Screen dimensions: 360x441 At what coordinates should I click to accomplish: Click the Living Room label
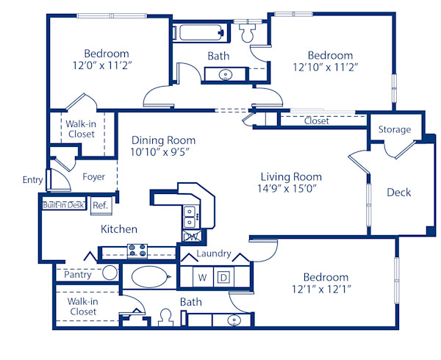(x=291, y=177)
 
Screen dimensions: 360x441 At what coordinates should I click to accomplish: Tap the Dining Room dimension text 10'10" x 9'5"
(x=163, y=154)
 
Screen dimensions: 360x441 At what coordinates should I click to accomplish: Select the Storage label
(x=395, y=130)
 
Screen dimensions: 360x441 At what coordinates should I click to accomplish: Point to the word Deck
(x=398, y=192)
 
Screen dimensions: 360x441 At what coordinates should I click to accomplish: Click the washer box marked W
(x=202, y=278)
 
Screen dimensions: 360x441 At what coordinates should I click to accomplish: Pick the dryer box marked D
(x=224, y=278)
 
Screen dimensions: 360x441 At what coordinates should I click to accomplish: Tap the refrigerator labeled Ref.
(x=100, y=206)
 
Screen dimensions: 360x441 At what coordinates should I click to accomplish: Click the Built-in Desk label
(x=64, y=206)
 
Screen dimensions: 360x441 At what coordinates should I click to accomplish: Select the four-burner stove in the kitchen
(x=137, y=251)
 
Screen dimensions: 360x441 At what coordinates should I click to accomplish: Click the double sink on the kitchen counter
(x=190, y=215)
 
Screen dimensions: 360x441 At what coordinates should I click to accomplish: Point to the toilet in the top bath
(x=247, y=34)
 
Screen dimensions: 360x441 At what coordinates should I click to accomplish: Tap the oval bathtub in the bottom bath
(x=150, y=278)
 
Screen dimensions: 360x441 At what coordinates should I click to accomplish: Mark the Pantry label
(x=78, y=274)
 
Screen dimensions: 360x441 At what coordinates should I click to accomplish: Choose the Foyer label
(x=93, y=177)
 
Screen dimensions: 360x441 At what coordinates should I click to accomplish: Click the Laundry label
(x=214, y=254)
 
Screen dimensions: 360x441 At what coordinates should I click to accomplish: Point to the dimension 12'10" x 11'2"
(x=329, y=68)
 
